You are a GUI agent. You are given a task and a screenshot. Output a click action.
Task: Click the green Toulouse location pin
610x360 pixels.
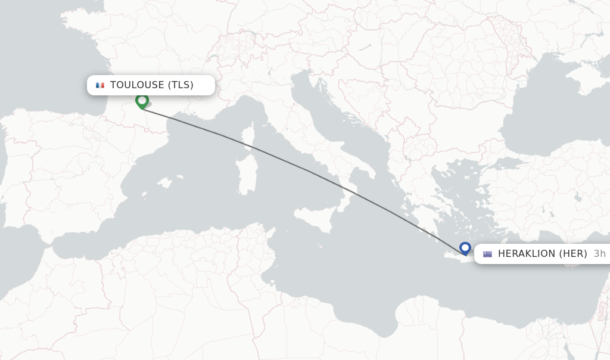pos(142,101)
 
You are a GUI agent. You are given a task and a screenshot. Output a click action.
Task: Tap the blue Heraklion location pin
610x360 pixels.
pos(465,248)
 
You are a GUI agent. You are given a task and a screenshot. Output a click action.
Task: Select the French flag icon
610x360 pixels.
pos(100,85)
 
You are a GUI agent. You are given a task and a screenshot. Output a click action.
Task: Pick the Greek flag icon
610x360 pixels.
pos(487,254)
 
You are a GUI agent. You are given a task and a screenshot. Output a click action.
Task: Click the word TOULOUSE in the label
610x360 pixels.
pos(136,85)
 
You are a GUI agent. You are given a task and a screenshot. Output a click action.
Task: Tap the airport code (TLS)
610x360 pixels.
pos(180,85)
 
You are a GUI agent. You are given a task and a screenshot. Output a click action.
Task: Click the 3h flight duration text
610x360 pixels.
pos(599,254)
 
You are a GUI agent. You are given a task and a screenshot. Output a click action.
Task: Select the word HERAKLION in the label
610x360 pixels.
pos(527,254)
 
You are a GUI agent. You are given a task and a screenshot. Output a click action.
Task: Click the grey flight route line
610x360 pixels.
pos(310,172)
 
